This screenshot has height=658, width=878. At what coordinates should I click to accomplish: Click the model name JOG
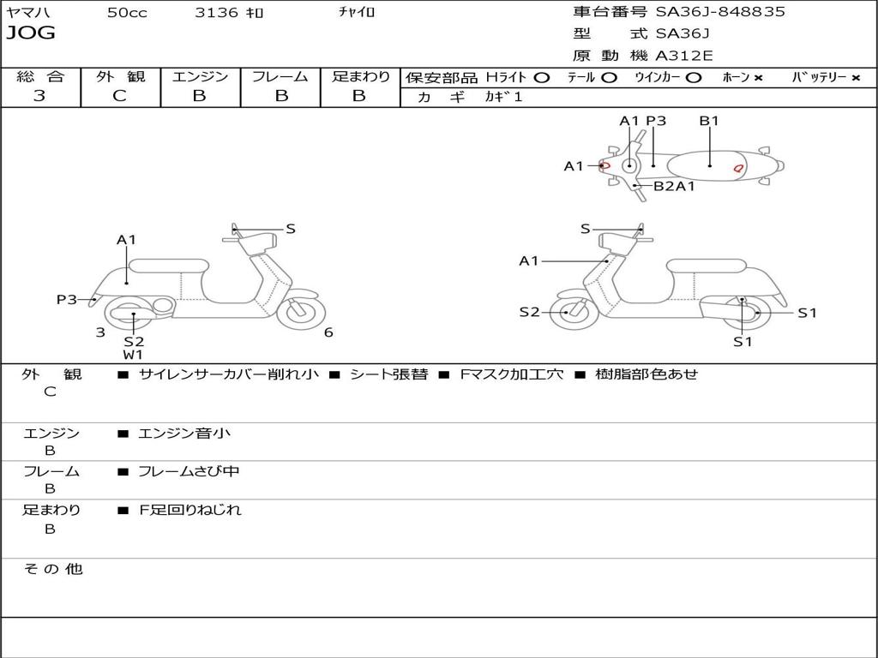(31, 33)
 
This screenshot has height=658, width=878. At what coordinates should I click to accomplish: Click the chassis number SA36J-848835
(719, 12)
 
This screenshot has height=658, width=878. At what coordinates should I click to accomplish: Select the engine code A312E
(684, 56)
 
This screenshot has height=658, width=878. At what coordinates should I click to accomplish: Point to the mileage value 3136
(217, 13)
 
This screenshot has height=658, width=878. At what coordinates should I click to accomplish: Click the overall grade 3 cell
(39, 96)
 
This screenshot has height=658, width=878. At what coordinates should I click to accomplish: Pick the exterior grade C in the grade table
(120, 96)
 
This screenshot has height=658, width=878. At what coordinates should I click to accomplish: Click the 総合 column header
(40, 77)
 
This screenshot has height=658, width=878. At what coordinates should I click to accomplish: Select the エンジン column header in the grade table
(200, 77)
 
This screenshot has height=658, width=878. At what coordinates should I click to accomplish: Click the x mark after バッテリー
(855, 78)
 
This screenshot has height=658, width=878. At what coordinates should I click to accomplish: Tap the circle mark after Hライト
(541, 78)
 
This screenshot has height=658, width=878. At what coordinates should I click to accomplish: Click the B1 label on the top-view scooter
(709, 121)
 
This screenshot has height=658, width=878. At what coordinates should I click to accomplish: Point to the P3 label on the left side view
(67, 299)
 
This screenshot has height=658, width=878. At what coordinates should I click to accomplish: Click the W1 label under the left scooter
(133, 355)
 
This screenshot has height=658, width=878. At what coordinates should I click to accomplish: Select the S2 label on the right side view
(530, 312)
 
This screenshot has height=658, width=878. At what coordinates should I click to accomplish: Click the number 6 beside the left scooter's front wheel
(328, 332)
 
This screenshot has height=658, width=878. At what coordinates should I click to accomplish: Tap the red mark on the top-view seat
(737, 169)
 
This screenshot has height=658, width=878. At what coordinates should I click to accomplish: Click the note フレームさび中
(189, 471)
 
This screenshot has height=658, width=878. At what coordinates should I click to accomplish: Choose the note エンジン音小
(184, 434)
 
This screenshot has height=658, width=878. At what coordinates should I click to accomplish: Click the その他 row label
(52, 569)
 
